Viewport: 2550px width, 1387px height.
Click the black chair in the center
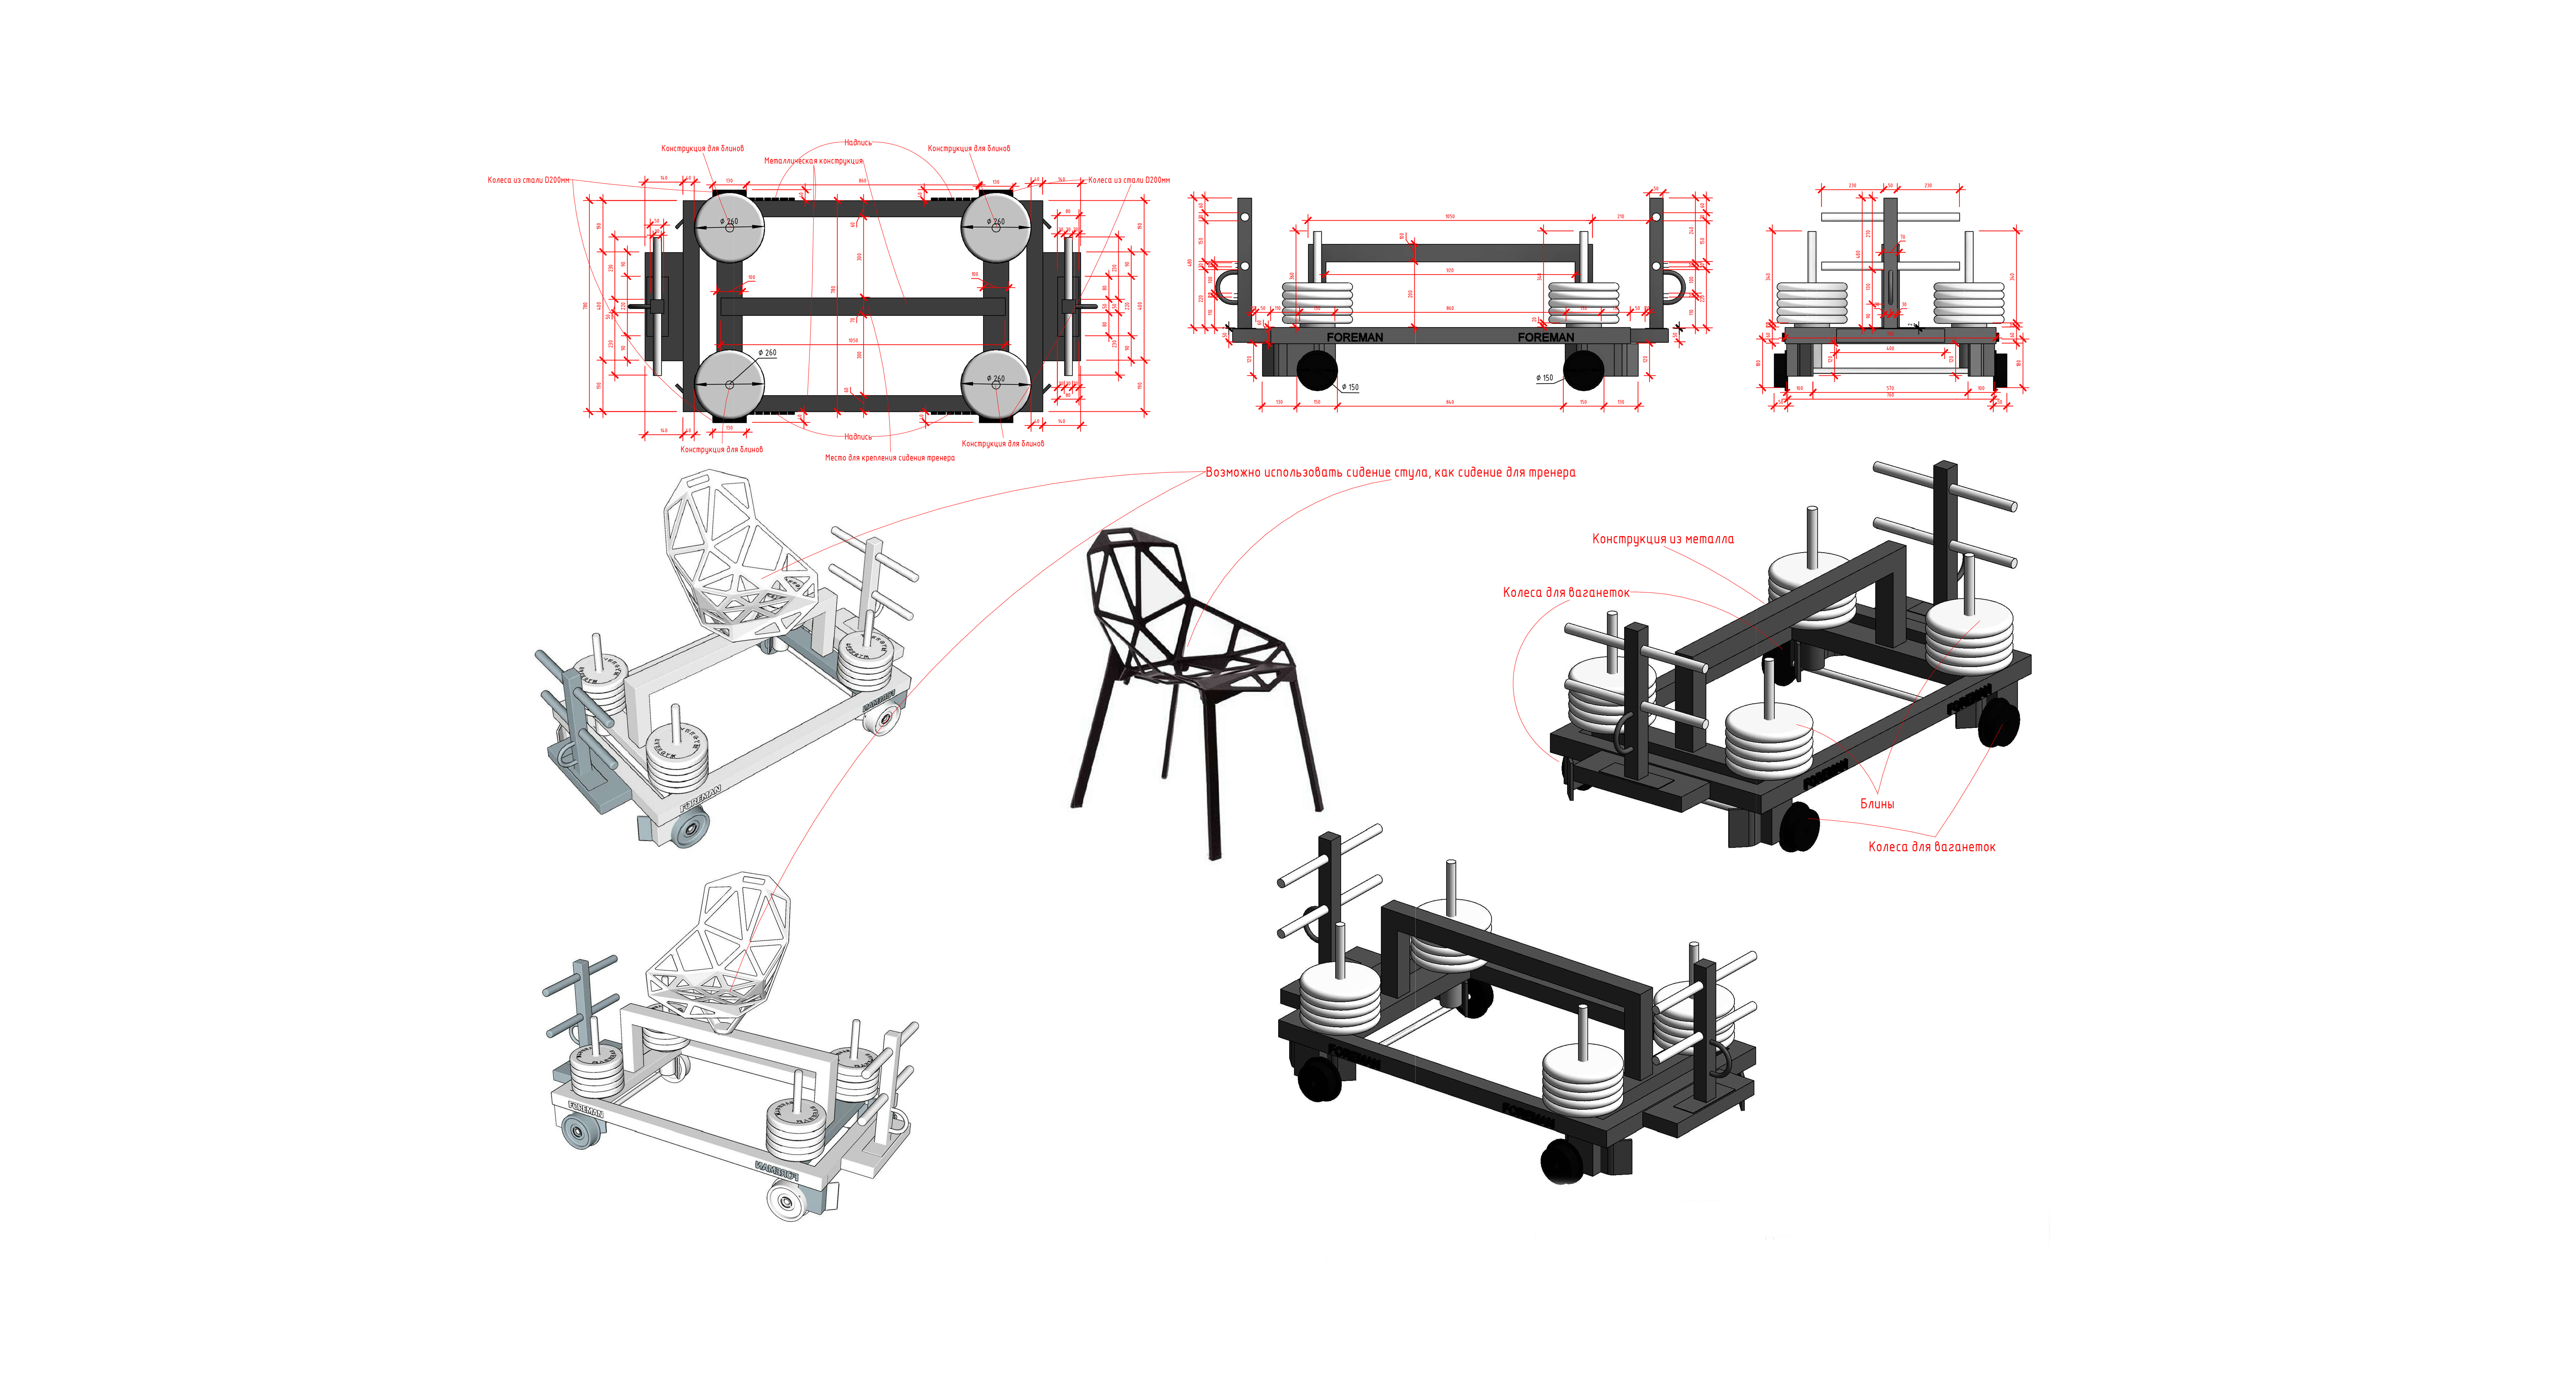[x=1193, y=673]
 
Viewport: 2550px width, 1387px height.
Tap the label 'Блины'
[x=1877, y=804]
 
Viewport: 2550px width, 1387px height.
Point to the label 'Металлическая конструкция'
[x=813, y=160]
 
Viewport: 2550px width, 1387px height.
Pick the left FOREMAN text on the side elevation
[x=1354, y=338]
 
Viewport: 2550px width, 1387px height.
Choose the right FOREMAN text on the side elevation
[x=1545, y=338]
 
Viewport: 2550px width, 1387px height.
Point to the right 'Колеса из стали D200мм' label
[x=1128, y=180]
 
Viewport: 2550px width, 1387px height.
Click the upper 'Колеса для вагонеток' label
[x=1565, y=593]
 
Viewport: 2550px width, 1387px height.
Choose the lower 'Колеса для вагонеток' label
[x=1931, y=847]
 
